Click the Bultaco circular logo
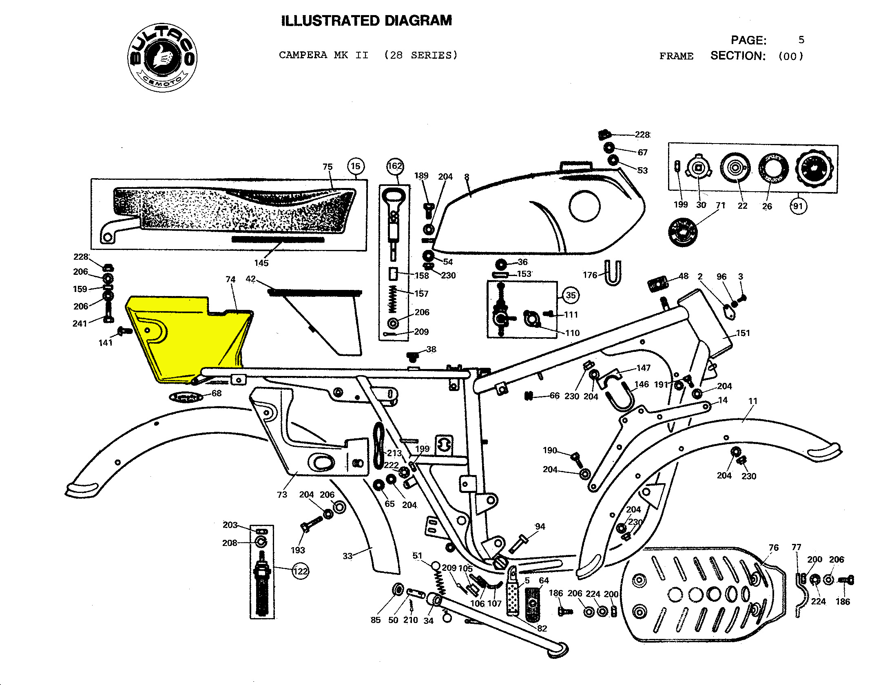point(162,57)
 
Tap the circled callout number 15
point(356,166)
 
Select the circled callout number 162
point(394,166)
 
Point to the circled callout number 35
point(571,295)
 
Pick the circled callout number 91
point(798,206)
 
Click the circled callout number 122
point(301,571)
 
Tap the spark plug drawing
point(261,583)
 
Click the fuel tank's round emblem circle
point(584,206)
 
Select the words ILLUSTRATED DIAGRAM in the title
point(366,21)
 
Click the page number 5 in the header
point(801,40)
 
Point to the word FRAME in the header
point(676,56)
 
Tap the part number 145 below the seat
point(261,263)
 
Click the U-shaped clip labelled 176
point(613,273)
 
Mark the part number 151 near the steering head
point(743,333)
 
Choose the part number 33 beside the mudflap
point(347,556)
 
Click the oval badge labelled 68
point(186,396)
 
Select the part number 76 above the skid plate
point(774,548)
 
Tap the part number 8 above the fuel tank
point(467,177)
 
